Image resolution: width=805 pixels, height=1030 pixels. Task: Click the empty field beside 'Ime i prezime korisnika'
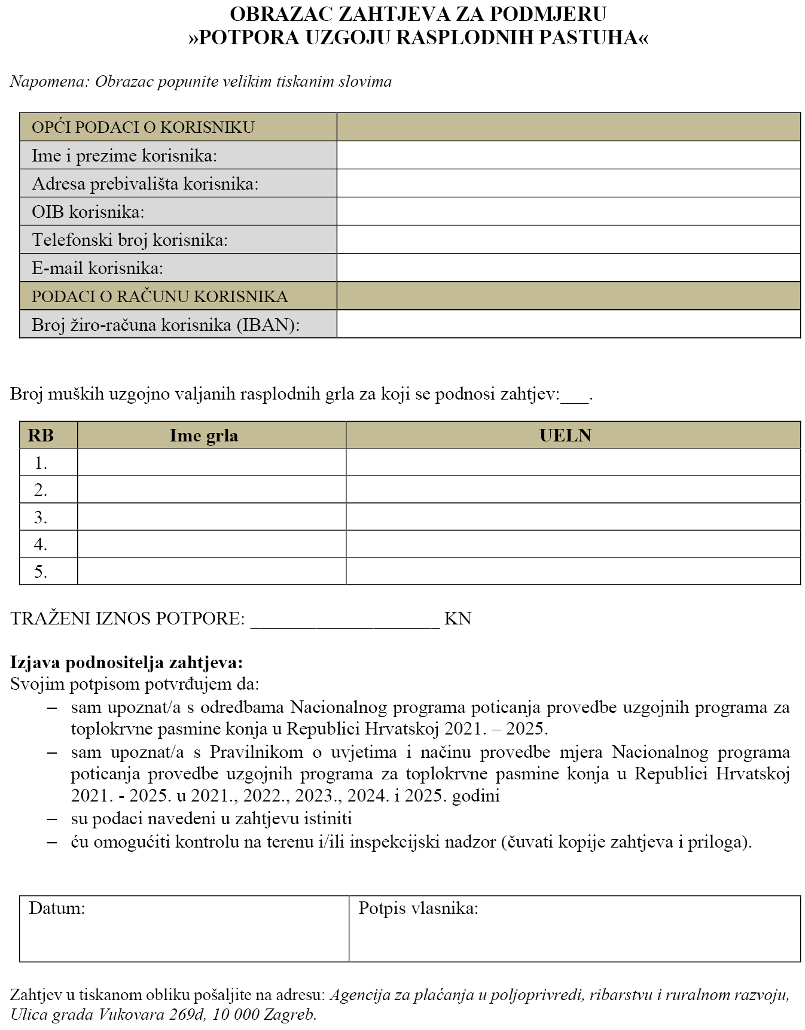[568, 155]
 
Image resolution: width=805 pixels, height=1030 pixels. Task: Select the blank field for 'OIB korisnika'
[568, 211]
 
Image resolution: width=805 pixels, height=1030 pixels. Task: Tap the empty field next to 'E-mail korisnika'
[568, 267]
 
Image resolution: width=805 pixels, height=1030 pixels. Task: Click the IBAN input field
[568, 324]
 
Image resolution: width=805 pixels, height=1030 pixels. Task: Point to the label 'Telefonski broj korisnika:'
[130, 240]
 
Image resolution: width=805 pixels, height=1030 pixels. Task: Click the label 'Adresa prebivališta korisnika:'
[145, 184]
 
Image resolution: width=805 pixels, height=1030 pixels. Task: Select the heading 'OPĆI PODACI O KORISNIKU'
[143, 127]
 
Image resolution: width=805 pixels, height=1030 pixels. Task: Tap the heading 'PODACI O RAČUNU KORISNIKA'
[160, 296]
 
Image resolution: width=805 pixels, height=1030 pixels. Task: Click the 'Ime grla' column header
[204, 435]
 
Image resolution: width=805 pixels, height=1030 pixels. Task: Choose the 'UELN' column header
[565, 435]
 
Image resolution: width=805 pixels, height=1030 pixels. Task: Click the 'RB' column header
[41, 435]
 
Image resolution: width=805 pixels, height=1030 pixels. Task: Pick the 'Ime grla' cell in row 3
[212, 517]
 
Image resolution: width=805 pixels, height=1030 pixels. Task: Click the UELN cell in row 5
[573, 571]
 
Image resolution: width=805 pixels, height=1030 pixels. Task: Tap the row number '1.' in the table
[41, 463]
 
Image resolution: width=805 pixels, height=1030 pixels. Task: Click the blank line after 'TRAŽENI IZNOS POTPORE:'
[344, 620]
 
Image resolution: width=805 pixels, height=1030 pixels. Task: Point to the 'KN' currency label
[458, 618]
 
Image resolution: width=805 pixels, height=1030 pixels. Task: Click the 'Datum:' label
[57, 909]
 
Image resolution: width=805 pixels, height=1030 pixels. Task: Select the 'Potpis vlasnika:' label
[418, 909]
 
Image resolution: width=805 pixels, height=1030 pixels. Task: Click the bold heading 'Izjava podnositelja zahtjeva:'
[127, 662]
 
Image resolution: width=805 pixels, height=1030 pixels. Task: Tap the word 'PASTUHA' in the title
[588, 38]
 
